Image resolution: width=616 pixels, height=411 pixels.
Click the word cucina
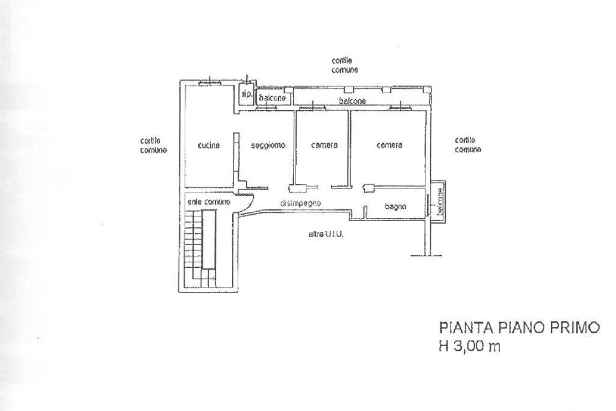click(x=209, y=145)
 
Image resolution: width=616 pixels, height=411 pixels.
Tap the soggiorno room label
click(x=268, y=145)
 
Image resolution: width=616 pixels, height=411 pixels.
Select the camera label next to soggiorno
click(x=324, y=145)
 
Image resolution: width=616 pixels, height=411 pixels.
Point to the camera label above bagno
click(x=389, y=145)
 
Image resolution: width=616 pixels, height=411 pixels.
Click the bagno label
click(x=395, y=206)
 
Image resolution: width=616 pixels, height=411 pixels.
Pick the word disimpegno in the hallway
click(x=301, y=203)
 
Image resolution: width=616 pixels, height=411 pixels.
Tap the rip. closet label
click(x=246, y=94)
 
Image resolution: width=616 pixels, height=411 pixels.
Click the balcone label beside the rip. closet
click(x=272, y=97)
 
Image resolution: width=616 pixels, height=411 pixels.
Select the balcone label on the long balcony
click(x=353, y=100)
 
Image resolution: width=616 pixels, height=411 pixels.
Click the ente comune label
click(x=205, y=202)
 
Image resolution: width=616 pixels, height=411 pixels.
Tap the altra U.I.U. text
click(x=325, y=234)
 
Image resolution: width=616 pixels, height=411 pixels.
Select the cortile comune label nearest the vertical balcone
click(x=468, y=144)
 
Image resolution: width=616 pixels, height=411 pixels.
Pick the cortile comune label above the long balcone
click(x=345, y=65)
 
